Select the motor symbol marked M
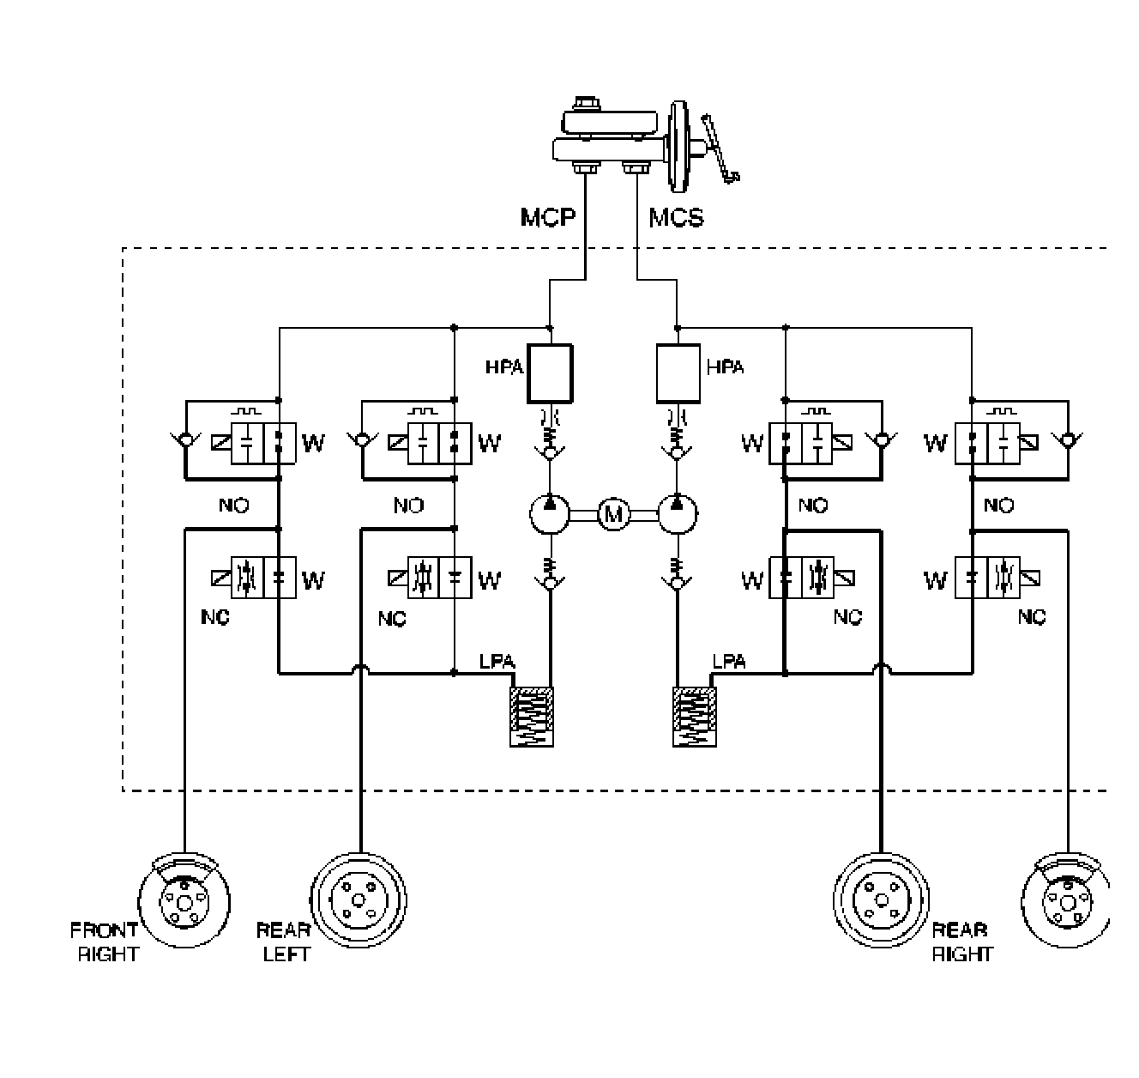coord(612,514)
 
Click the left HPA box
coord(550,373)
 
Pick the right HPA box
coord(678,373)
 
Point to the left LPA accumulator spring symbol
coord(532,717)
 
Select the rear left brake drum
coord(357,900)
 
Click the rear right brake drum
coord(881,900)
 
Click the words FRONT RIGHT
coord(105,942)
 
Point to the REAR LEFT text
coord(285,942)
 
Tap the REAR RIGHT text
coord(961,942)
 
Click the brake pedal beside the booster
coord(719,148)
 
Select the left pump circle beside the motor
coord(550,514)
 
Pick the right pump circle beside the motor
coord(678,514)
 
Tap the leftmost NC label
coord(215,617)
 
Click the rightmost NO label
coord(998,506)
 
